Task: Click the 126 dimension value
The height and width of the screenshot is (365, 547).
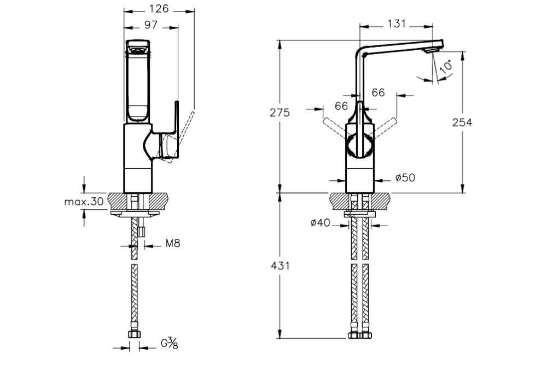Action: point(160,8)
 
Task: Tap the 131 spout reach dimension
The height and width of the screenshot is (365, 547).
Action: point(397,23)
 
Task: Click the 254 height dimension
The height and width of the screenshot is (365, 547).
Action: point(462,122)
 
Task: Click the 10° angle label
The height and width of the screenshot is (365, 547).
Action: point(446,67)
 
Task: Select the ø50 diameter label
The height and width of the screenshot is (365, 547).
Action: point(405,178)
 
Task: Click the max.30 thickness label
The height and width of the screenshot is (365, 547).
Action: point(84,202)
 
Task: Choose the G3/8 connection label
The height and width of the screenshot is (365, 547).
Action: point(170,343)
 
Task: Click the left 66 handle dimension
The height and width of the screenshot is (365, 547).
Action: point(342,107)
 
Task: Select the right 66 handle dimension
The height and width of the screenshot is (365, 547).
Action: point(378,93)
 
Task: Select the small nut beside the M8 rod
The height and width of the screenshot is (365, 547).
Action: point(142,232)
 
